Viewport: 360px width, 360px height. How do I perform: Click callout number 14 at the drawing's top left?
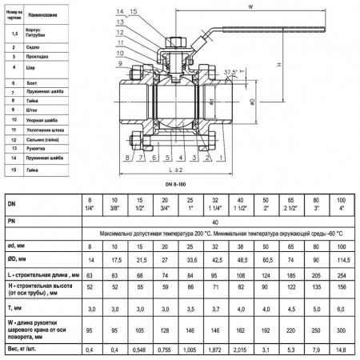pyautogui.click(x=119, y=10)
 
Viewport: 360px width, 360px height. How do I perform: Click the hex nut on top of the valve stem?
pyautogui.click(x=178, y=41)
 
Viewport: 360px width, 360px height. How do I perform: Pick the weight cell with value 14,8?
pyautogui.click(x=342, y=350)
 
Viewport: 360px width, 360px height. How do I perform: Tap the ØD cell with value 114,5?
pyautogui.click(x=342, y=260)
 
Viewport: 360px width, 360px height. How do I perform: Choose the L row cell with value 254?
pyautogui.click(x=342, y=275)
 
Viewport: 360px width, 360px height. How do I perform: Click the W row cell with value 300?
pyautogui.click(x=342, y=328)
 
